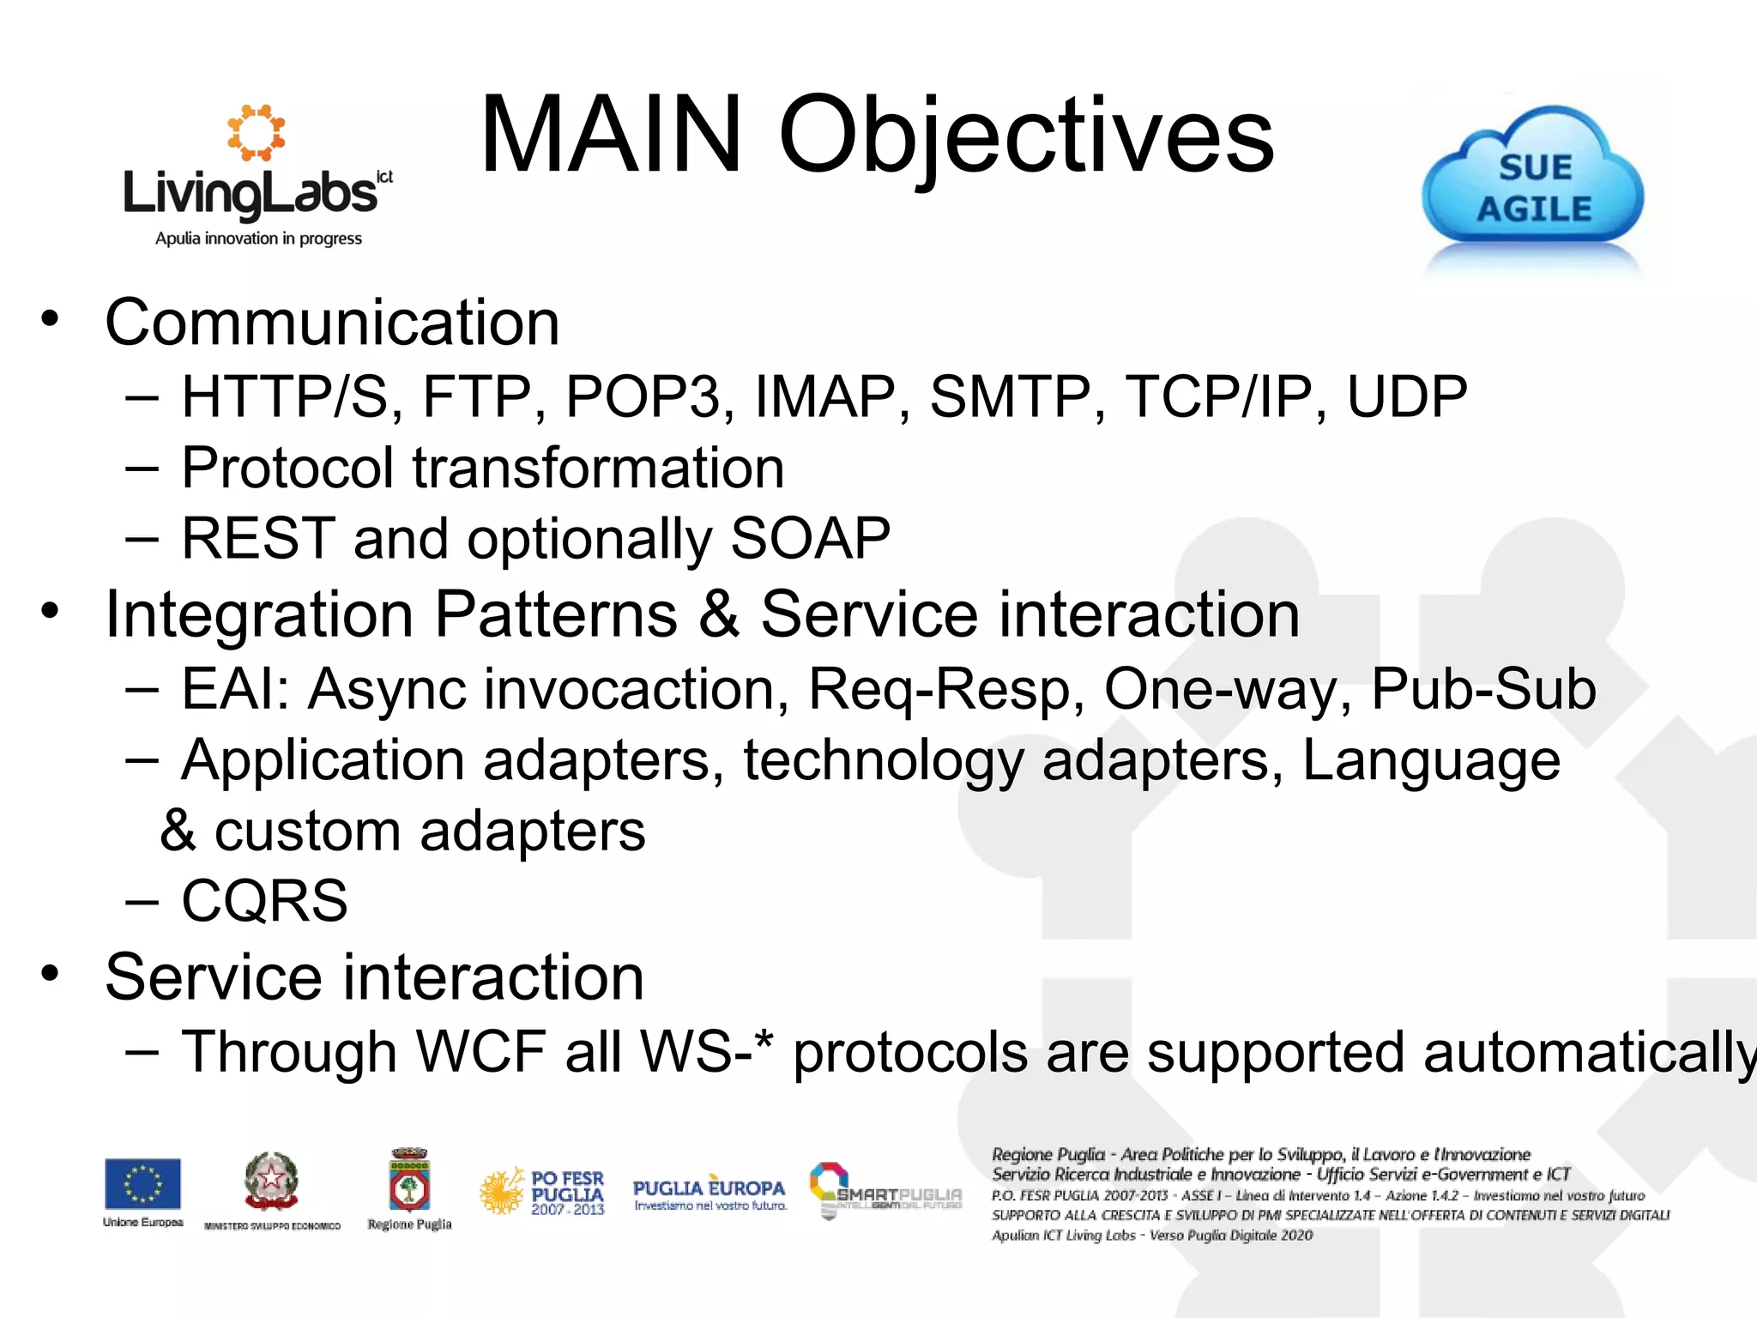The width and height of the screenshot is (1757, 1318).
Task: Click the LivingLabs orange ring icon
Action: (x=256, y=132)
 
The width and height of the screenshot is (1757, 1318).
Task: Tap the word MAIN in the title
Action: (x=611, y=136)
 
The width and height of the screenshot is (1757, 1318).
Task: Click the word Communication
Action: (x=332, y=323)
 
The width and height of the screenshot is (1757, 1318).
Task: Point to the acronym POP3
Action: (x=643, y=397)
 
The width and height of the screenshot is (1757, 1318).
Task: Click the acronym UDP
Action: (x=1407, y=397)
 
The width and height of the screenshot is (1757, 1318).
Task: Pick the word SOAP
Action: (x=810, y=539)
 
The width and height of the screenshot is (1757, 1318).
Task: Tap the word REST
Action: (x=258, y=539)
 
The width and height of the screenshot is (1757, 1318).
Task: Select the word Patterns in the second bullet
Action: (x=556, y=614)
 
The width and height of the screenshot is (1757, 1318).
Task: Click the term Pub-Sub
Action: (x=1483, y=689)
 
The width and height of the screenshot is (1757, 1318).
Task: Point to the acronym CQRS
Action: (x=264, y=901)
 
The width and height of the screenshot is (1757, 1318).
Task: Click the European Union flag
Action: (x=142, y=1183)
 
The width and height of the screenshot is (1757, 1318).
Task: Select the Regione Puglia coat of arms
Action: (x=409, y=1182)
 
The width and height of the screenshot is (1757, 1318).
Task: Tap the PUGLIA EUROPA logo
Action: (x=709, y=1193)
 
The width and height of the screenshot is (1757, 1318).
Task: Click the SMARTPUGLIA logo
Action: (x=885, y=1190)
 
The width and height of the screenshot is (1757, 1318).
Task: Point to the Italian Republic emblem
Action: (x=271, y=1181)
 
